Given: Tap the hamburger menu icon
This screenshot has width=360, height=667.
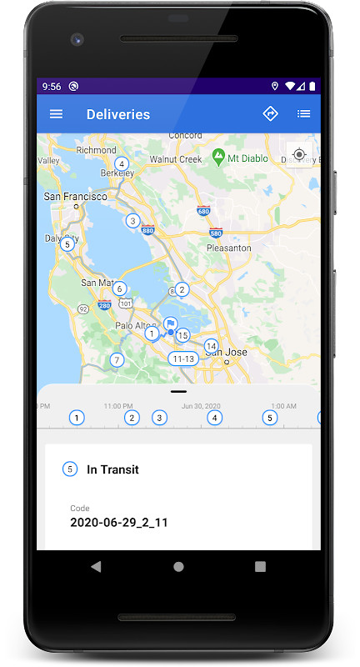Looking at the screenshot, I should click(56, 114).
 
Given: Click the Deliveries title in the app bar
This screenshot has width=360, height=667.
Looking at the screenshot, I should click(118, 114).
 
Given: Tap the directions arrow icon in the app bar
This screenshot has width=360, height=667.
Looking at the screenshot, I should click(270, 113).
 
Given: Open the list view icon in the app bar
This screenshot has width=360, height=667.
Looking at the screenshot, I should click(304, 114).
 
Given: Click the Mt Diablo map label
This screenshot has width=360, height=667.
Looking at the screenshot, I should click(247, 156).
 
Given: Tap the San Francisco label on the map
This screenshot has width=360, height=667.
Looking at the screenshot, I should click(75, 197).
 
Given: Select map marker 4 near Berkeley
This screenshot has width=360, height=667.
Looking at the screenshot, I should click(122, 163).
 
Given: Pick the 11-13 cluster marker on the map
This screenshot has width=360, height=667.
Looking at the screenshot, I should click(182, 359).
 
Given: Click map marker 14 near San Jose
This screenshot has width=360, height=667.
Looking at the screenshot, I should click(212, 346).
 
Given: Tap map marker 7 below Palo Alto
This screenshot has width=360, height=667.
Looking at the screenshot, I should click(117, 360).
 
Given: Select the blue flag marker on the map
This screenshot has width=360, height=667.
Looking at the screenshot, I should click(170, 324).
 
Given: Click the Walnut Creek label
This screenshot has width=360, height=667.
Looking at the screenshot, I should click(176, 159).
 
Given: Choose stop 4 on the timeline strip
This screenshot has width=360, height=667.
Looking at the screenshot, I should click(215, 418).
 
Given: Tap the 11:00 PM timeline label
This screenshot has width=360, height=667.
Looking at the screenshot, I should click(118, 406).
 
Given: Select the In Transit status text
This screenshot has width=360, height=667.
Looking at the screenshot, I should click(112, 469).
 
